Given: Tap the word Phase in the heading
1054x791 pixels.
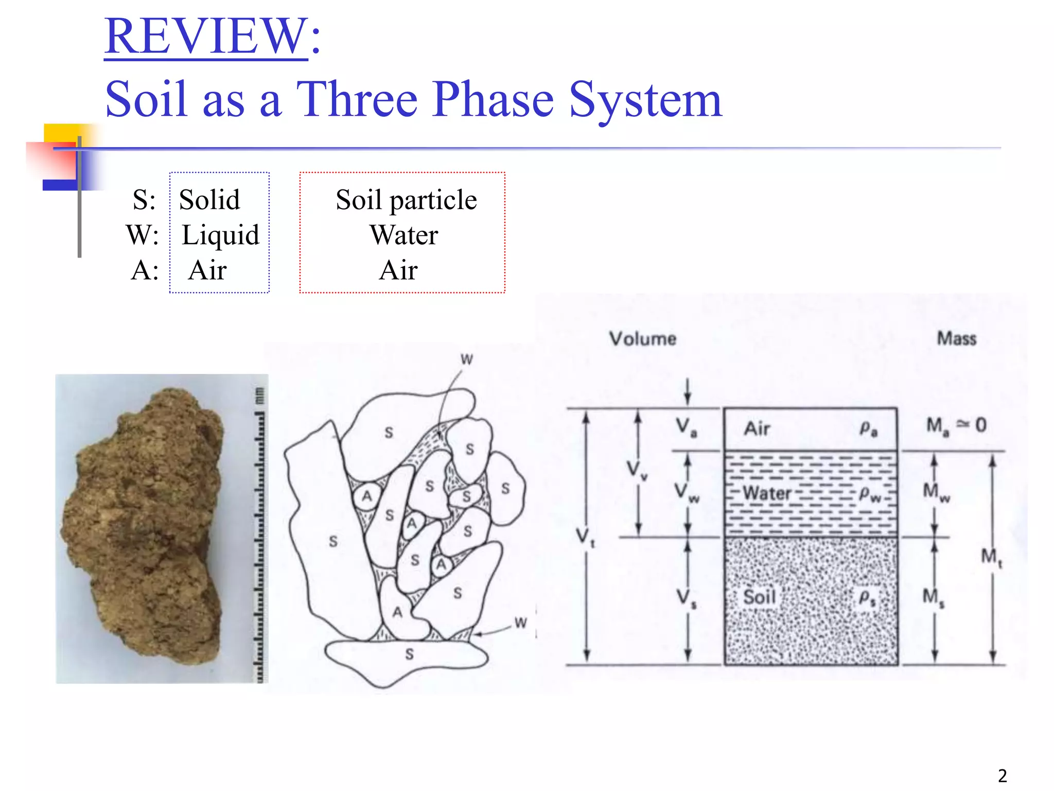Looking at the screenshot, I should coord(493,99).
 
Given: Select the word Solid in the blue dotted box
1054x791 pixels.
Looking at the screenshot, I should coord(209,200).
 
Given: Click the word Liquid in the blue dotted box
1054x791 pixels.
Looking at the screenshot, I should coord(220,235).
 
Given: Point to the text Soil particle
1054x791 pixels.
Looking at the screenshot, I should coord(406,200).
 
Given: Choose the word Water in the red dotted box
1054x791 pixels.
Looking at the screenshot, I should coord(403,235).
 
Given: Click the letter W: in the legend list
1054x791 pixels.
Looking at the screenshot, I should coord(142,235).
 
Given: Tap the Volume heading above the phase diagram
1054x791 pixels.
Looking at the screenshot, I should coord(643,338).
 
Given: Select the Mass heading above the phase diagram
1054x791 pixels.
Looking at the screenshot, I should coord(956,338).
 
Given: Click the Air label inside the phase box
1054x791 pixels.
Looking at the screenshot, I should coord(757,428).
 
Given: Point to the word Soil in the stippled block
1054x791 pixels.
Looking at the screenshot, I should coord(759,597).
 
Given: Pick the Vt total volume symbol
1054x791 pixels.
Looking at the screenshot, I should coord(585,537).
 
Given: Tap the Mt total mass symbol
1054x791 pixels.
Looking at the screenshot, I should coord(991,557).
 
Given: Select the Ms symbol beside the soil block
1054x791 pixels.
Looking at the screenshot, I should coord(933,598).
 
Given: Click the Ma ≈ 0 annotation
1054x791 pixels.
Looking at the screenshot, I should coord(956,425).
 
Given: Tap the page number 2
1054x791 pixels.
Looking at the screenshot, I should coord(1002,776).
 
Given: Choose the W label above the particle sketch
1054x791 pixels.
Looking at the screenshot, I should coord(466,359).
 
